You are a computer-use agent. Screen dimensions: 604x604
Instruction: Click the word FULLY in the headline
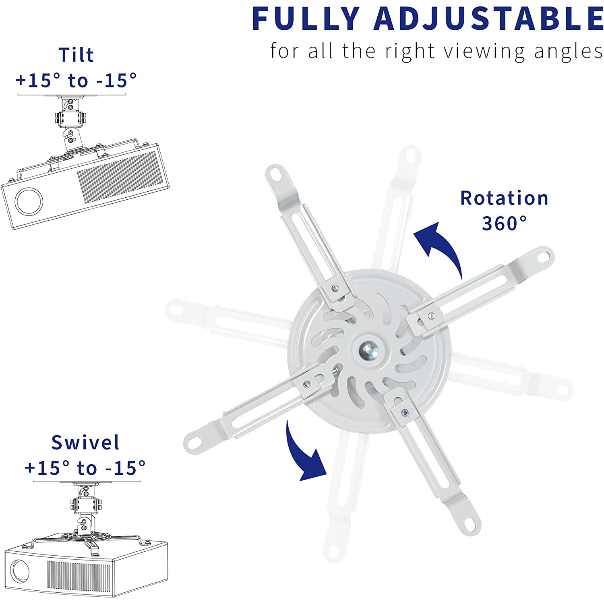point(306,19)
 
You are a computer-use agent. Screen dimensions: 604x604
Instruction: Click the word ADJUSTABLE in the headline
point(488,19)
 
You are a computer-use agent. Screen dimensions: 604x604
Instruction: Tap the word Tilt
point(76,55)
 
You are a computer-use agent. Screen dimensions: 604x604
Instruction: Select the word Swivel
point(85,443)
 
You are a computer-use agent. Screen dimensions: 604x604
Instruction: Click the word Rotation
point(504,198)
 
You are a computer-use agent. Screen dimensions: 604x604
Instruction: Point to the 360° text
point(504,223)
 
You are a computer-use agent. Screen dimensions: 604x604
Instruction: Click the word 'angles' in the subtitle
point(568,52)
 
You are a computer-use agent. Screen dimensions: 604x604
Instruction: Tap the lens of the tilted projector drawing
point(29,201)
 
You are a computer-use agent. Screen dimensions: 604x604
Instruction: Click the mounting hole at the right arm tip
point(544,256)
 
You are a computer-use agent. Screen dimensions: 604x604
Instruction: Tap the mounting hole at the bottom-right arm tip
point(470,524)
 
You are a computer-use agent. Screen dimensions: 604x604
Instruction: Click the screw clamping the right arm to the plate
point(431,316)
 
